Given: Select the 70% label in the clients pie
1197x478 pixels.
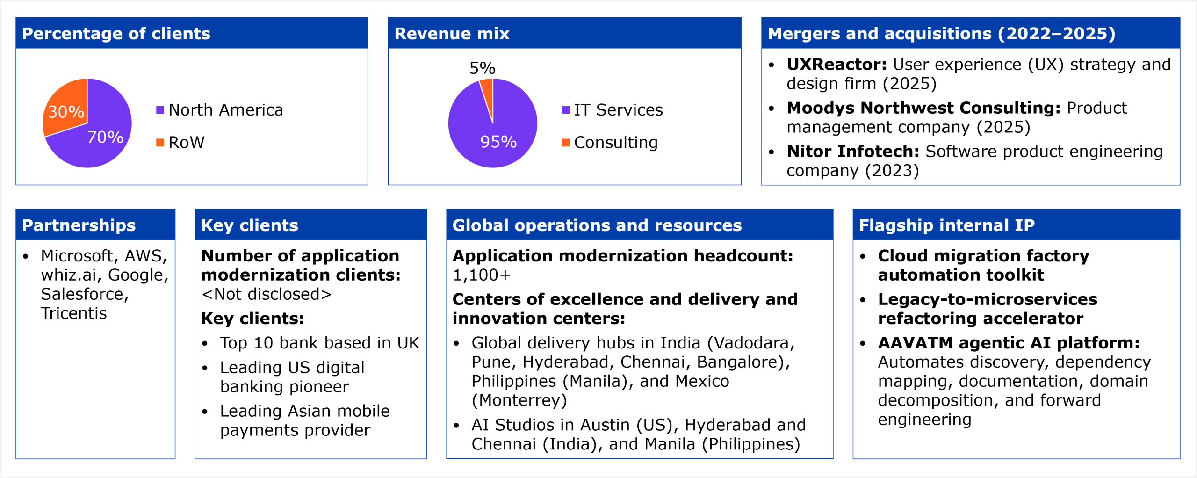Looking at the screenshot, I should (105, 137).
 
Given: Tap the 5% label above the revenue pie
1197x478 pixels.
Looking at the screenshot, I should (482, 68).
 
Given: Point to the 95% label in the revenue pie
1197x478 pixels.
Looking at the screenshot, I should (498, 142).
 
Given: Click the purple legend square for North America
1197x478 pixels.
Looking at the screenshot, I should (160, 110).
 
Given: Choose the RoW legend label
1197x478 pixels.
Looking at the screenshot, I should (186, 142).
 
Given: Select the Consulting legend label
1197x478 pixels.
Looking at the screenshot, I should (615, 142).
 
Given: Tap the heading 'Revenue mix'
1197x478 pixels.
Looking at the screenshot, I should (452, 34).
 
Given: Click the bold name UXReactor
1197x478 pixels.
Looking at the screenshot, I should (836, 65).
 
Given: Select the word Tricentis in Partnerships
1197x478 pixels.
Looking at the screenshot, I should (74, 313).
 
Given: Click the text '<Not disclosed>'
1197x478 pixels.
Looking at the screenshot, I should (266, 294).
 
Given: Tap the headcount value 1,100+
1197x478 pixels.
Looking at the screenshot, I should (481, 275).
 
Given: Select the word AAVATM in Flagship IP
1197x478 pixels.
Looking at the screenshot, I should (915, 343).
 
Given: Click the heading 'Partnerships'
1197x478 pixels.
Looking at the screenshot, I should (79, 225).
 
